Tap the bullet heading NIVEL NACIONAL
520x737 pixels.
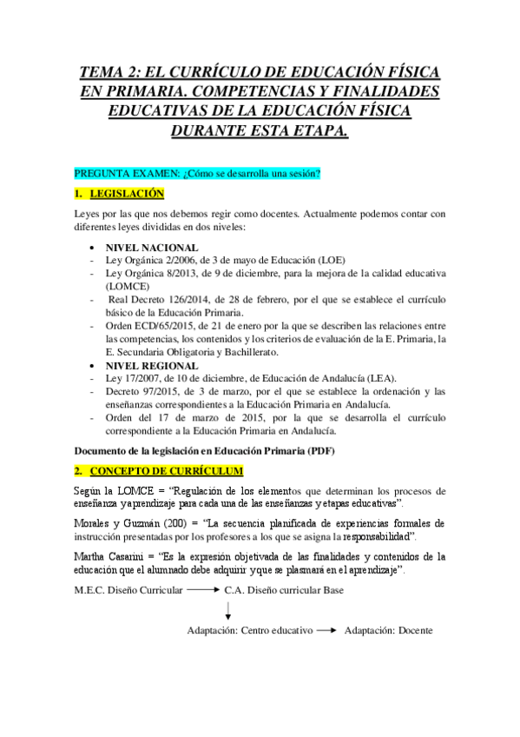tap(151, 247)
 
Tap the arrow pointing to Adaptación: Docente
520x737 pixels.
tap(327, 630)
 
